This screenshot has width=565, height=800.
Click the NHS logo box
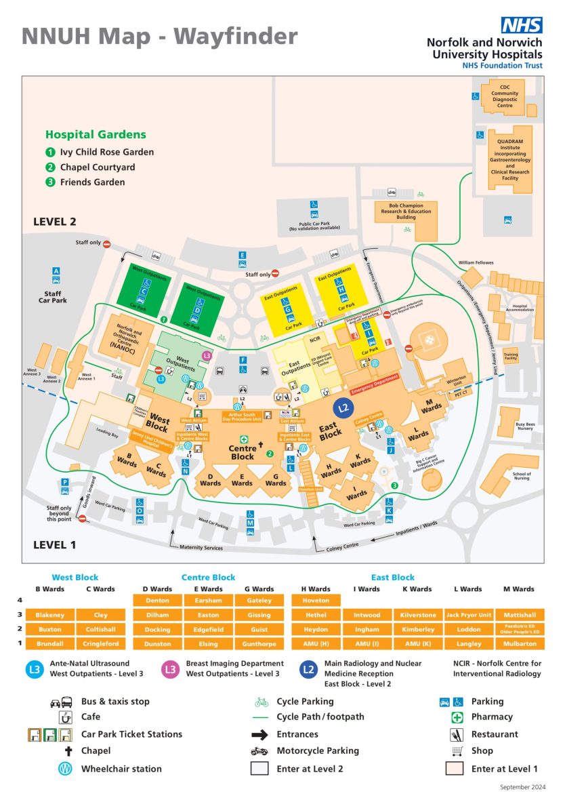point(522,26)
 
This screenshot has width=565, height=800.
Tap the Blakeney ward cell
point(49,615)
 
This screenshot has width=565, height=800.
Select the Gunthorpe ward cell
point(259,643)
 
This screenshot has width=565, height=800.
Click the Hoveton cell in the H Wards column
point(316,600)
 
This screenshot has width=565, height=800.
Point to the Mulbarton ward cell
point(520,643)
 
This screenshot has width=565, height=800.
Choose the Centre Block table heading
point(208,578)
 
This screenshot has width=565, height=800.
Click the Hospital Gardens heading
point(96,135)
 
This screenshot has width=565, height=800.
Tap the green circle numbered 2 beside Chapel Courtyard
point(50,167)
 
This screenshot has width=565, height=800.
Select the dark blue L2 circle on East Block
point(344,407)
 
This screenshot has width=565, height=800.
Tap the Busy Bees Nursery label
point(525,427)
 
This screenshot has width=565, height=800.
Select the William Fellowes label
point(476,262)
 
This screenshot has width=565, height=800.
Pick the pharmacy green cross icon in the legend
point(457,717)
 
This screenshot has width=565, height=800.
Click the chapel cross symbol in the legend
point(68,751)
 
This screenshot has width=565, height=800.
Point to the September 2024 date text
point(522,787)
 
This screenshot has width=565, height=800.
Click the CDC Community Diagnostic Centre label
point(505,96)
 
